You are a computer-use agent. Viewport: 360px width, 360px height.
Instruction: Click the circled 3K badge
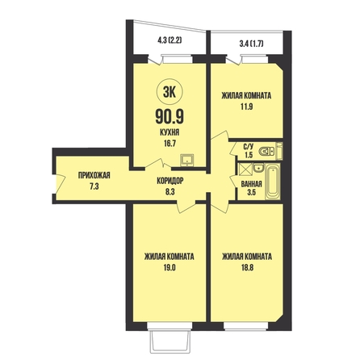pyautogui.click(x=170, y=93)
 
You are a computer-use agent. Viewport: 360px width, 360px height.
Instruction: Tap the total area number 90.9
pyautogui.click(x=170, y=117)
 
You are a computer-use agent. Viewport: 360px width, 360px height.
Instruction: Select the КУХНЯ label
pyautogui.click(x=170, y=132)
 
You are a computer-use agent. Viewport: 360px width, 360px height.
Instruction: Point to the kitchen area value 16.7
pyautogui.click(x=170, y=144)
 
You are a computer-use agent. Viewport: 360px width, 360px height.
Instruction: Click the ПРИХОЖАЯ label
pyautogui.click(x=94, y=175)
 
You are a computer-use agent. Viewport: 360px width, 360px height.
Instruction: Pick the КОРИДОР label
pyautogui.click(x=170, y=181)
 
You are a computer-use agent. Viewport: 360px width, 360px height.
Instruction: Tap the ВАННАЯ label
pyautogui.click(x=252, y=184)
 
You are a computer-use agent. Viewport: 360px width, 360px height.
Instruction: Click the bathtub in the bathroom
pyautogui.click(x=272, y=182)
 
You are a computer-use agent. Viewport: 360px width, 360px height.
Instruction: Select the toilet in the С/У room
pyautogui.click(x=267, y=152)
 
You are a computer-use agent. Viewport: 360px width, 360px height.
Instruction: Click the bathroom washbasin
pyautogui.click(x=258, y=169)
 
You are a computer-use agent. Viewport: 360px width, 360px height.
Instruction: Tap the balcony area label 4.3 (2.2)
pyautogui.click(x=170, y=40)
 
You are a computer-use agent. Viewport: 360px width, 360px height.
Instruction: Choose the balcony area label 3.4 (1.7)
pyautogui.click(x=250, y=43)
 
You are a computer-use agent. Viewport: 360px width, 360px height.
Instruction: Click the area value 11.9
pyautogui.click(x=246, y=107)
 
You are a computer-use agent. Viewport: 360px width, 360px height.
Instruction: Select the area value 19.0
pyautogui.click(x=170, y=268)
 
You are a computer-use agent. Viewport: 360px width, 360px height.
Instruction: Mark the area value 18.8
pyautogui.click(x=247, y=268)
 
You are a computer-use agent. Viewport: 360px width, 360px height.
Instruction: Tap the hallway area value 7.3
pyautogui.click(x=94, y=186)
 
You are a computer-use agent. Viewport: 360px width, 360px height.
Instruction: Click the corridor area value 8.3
pyautogui.click(x=170, y=192)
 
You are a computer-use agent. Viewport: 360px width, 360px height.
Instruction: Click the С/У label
pyautogui.click(x=249, y=147)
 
